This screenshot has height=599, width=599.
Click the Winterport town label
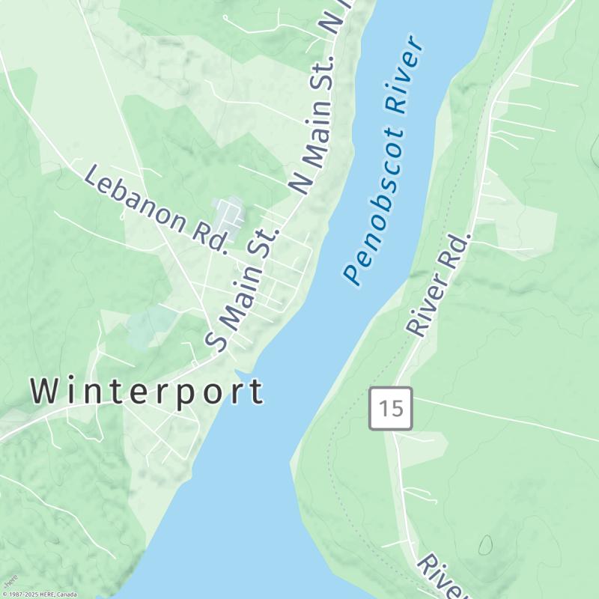click(147, 392)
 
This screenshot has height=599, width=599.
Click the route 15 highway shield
click(391, 408)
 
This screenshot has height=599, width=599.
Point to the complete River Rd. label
click(440, 285)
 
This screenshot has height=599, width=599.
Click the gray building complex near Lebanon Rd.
click(229, 217)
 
